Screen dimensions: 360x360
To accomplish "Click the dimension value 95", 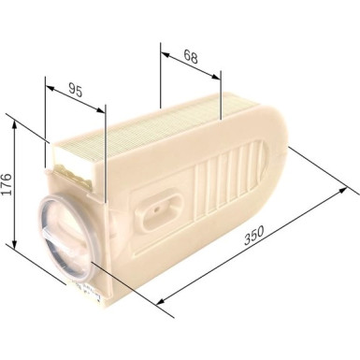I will [x=77, y=91].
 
